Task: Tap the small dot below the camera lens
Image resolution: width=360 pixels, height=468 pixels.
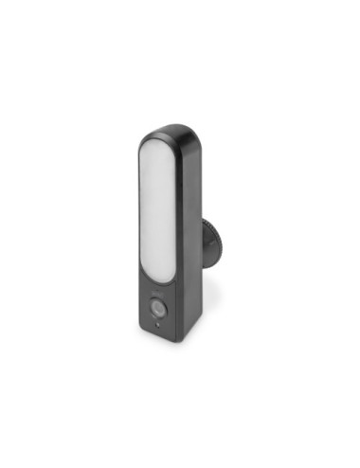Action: point(156,325)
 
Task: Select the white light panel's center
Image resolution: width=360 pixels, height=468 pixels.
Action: point(157,213)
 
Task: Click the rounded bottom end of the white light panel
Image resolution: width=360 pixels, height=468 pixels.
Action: point(157,277)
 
